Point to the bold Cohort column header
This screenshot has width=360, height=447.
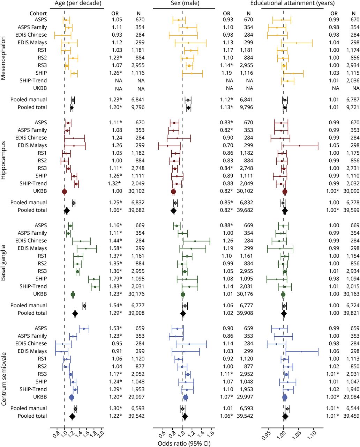coord(38,14)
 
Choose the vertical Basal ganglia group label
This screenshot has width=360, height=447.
coord(4,260)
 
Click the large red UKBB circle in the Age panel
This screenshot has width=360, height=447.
coord(65,191)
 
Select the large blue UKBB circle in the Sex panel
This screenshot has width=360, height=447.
coord(186,397)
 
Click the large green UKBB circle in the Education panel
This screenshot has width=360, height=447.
coord(283,294)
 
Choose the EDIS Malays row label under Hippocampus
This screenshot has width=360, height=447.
coord(32,145)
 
